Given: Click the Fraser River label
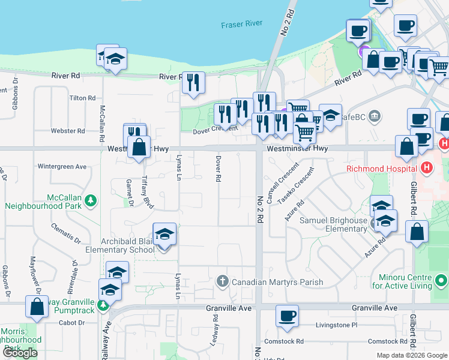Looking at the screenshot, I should point(242,25).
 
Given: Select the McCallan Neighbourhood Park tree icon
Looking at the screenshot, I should point(91,200).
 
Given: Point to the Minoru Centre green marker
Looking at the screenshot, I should point(441,281).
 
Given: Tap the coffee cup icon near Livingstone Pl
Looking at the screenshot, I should point(288,316).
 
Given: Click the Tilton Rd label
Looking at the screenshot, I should point(82,98).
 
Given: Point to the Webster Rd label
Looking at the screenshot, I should point(67,131).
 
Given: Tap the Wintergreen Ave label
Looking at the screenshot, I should point(62,166).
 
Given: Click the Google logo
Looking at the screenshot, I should point(20,353).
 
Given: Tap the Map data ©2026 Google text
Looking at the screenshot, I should point(411,355).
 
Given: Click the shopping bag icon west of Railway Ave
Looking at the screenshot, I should point(37,307).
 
